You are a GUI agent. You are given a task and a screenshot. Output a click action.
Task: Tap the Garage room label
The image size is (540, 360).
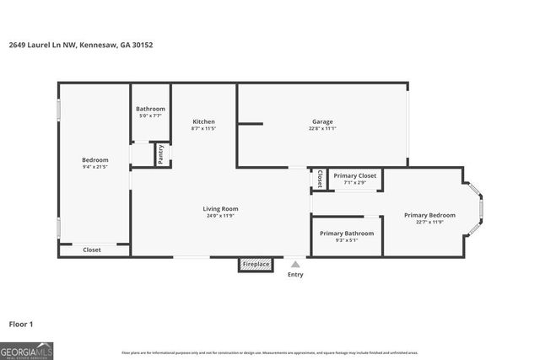click(x=322, y=121)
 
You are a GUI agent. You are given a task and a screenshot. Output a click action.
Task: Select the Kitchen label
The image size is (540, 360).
click(x=203, y=121)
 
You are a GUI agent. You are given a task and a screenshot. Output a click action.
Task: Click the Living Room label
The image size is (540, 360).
click(x=220, y=208)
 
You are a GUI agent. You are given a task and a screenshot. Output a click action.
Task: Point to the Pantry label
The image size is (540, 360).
click(x=160, y=154)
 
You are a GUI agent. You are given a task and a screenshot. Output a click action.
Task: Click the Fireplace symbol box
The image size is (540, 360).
click(x=256, y=265)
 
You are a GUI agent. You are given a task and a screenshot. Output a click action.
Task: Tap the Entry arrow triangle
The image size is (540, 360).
click(x=294, y=263)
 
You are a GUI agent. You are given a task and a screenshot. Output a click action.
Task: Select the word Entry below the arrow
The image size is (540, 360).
click(x=294, y=274)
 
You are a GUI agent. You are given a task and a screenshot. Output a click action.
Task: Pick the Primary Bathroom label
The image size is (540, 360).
click(x=347, y=233)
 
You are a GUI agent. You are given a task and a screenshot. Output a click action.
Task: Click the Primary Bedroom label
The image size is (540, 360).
click(x=429, y=215)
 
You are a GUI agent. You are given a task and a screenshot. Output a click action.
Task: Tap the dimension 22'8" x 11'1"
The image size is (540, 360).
click(x=322, y=129)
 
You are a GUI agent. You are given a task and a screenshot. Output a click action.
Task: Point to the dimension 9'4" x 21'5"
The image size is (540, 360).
click(x=94, y=167)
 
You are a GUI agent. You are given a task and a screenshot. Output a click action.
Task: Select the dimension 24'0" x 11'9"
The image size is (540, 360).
click(x=220, y=216)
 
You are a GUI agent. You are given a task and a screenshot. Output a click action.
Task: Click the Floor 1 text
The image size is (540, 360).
click(x=21, y=323)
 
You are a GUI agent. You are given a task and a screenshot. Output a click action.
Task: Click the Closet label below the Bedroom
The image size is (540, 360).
click(x=92, y=250)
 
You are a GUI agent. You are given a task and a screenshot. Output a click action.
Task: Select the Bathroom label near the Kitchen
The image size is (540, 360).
click(x=150, y=109)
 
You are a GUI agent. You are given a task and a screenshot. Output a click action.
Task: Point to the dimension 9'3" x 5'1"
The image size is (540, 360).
click(x=347, y=240)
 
